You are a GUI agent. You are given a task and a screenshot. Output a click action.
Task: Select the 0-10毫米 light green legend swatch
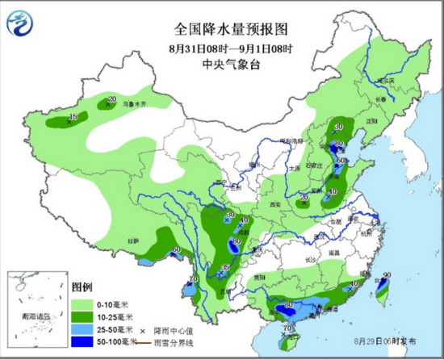click(x=82, y=303)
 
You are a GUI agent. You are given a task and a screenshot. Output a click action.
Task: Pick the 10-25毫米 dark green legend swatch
click(x=82, y=316)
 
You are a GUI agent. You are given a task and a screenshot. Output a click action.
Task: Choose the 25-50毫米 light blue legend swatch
click(x=82, y=330)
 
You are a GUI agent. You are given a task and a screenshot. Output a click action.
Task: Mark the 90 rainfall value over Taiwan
click(x=387, y=276)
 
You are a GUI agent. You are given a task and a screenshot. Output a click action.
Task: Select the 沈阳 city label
click(x=372, y=122)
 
